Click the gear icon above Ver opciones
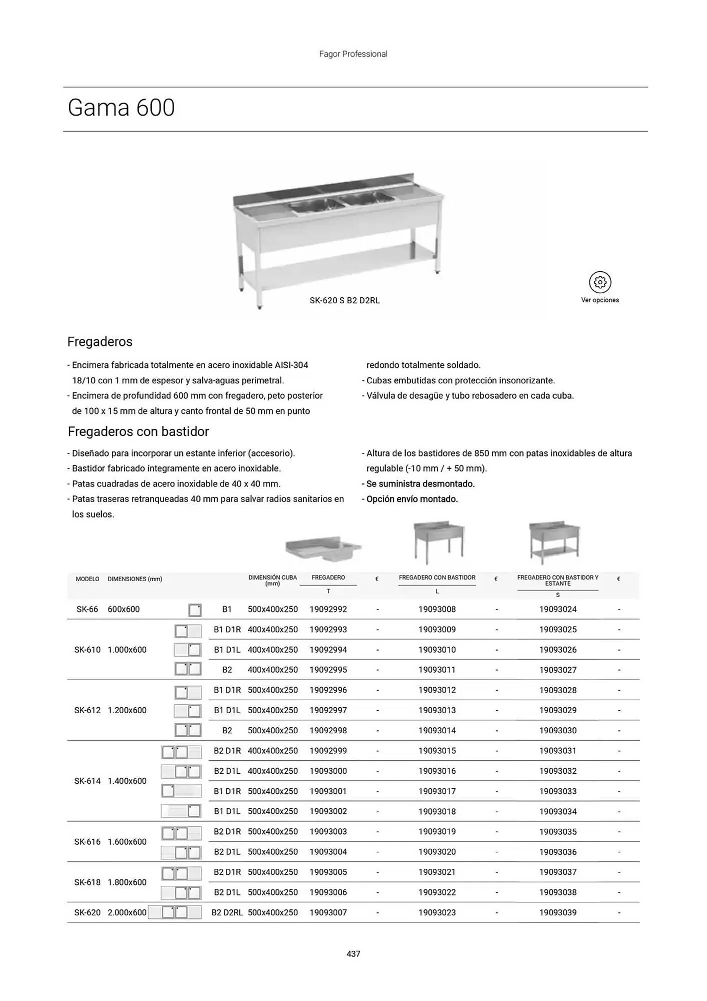600,282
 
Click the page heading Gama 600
121,108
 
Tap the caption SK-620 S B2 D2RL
344,301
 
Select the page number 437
353,954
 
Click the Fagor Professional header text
353,54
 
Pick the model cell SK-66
87,609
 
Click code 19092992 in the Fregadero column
328,609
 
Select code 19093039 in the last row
557,912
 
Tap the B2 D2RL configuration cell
227,912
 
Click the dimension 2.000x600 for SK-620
127,912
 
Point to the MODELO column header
87,579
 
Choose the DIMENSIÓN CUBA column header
272,581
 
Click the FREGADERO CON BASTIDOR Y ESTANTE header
557,581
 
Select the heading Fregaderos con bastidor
138,431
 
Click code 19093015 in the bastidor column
437,751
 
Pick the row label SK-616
87,842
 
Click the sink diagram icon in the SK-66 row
195,610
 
